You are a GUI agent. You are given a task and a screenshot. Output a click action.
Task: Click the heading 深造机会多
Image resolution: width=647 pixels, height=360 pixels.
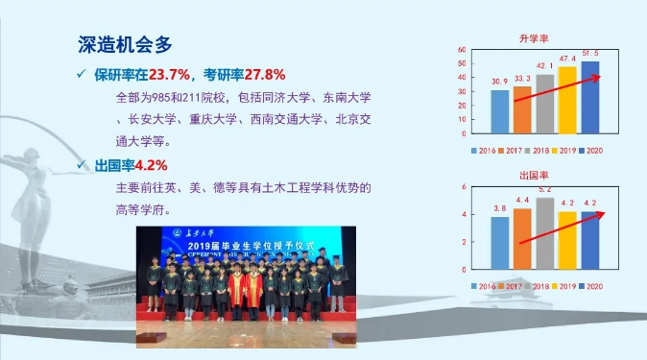point(125,44)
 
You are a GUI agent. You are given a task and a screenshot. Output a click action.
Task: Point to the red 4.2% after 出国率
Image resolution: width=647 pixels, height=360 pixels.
point(151,165)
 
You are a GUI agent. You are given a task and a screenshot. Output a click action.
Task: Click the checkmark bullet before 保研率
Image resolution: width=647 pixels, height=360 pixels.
point(84,75)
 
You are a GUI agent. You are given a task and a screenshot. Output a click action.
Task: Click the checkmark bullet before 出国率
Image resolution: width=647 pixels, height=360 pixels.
point(84,165)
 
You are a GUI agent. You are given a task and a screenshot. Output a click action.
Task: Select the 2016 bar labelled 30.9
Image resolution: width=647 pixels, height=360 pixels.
point(500,111)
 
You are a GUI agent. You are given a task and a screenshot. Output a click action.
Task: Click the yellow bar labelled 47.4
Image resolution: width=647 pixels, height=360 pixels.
point(567,99)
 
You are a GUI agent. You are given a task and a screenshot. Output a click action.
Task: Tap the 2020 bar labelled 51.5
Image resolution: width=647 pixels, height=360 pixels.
point(589,96)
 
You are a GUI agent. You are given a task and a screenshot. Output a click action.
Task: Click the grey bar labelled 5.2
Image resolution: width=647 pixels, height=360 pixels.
point(544,234)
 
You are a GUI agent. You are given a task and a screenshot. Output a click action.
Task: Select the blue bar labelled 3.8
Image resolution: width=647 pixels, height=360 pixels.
point(500,244)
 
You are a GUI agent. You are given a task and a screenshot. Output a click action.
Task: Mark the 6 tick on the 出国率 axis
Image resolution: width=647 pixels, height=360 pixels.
point(464,187)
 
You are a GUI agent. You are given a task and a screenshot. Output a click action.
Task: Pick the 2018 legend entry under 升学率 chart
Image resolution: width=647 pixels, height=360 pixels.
point(537,150)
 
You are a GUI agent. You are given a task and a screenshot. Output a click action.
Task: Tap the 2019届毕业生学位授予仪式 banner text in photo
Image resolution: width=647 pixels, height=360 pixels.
point(249,247)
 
